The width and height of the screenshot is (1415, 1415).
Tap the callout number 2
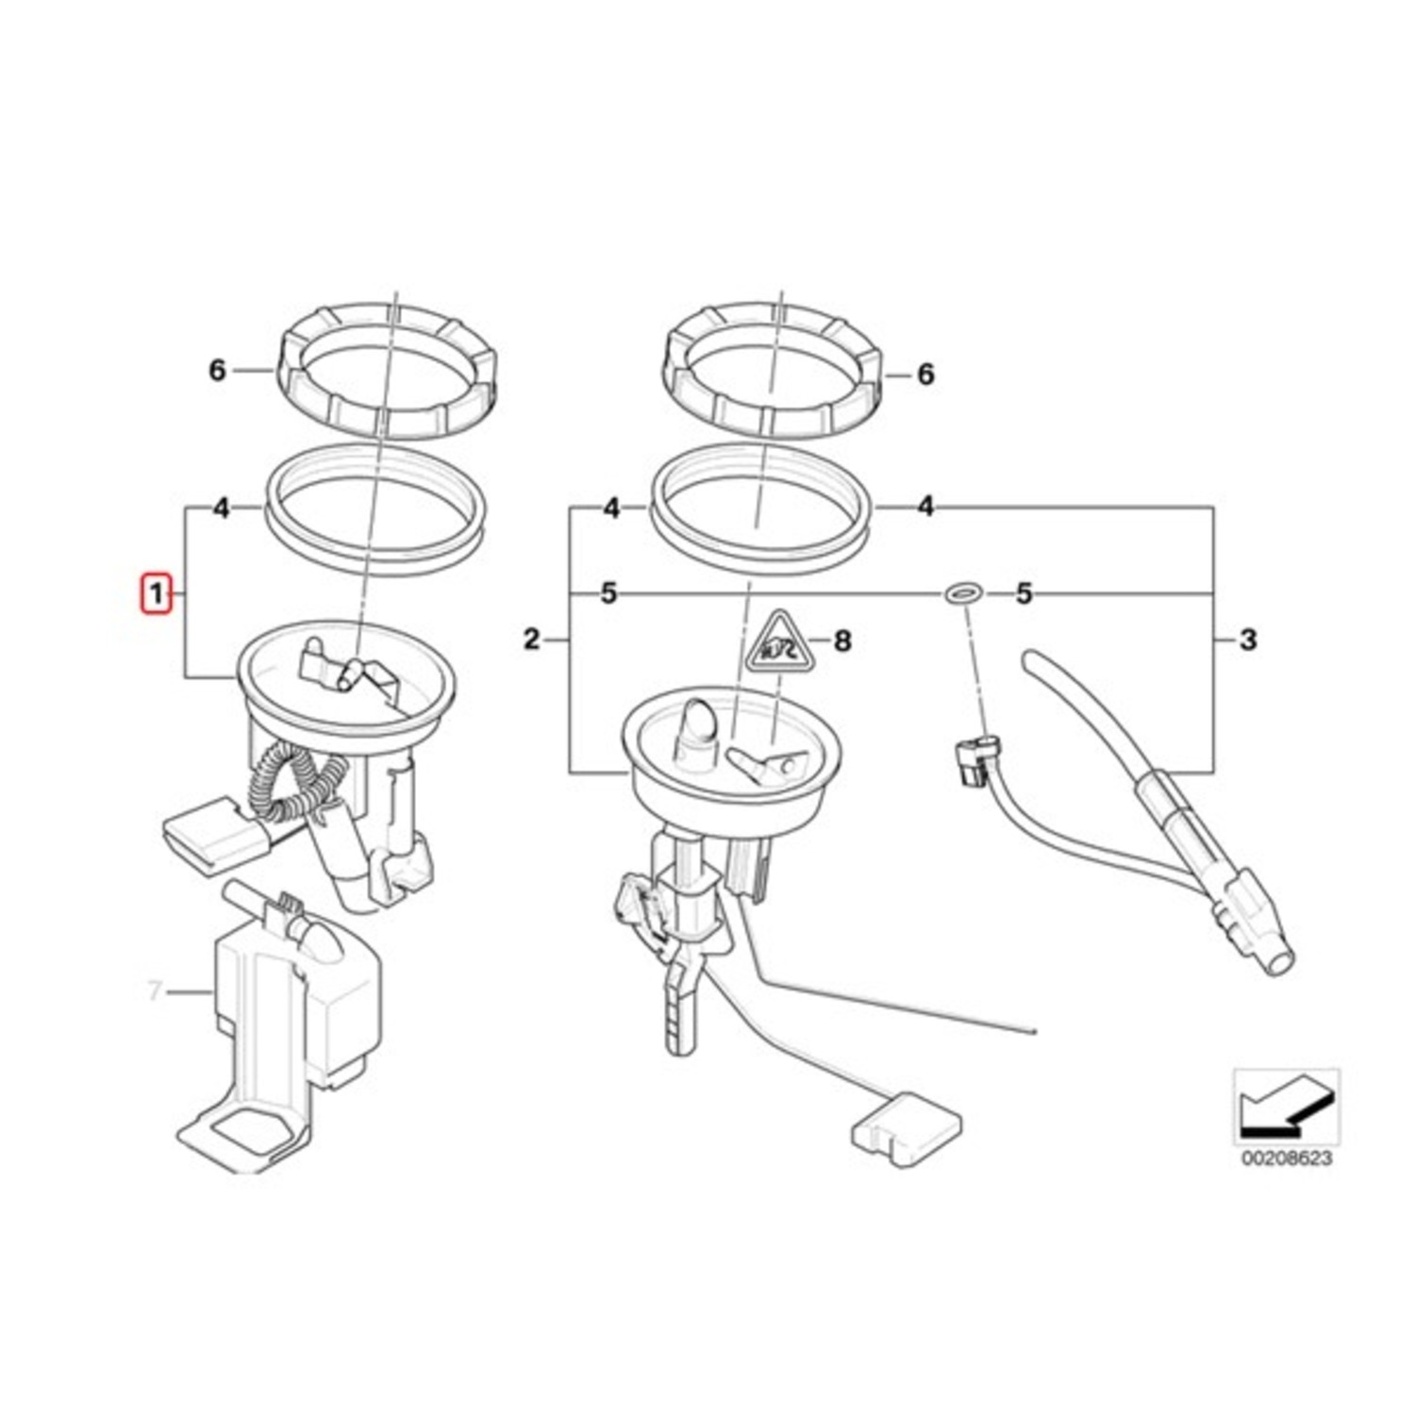pyautogui.click(x=532, y=640)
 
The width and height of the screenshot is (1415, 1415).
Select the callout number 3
pyautogui.click(x=1248, y=640)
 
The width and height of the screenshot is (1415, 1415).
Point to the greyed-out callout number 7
pyautogui.click(x=155, y=991)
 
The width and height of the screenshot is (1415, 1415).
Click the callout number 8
pyautogui.click(x=842, y=641)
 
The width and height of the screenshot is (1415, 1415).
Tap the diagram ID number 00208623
pyautogui.click(x=1287, y=1157)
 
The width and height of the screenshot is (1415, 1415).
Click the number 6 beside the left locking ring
pyautogui.click(x=217, y=371)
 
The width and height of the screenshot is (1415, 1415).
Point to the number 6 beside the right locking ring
pyautogui.click(x=925, y=375)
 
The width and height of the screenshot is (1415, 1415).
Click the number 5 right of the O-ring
pyautogui.click(x=1024, y=593)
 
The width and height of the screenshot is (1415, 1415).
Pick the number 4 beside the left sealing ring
pyautogui.click(x=221, y=508)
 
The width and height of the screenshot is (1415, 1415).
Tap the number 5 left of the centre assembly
pyautogui.click(x=608, y=593)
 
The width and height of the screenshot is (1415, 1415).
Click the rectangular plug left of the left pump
pyautogui.click(x=208, y=833)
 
